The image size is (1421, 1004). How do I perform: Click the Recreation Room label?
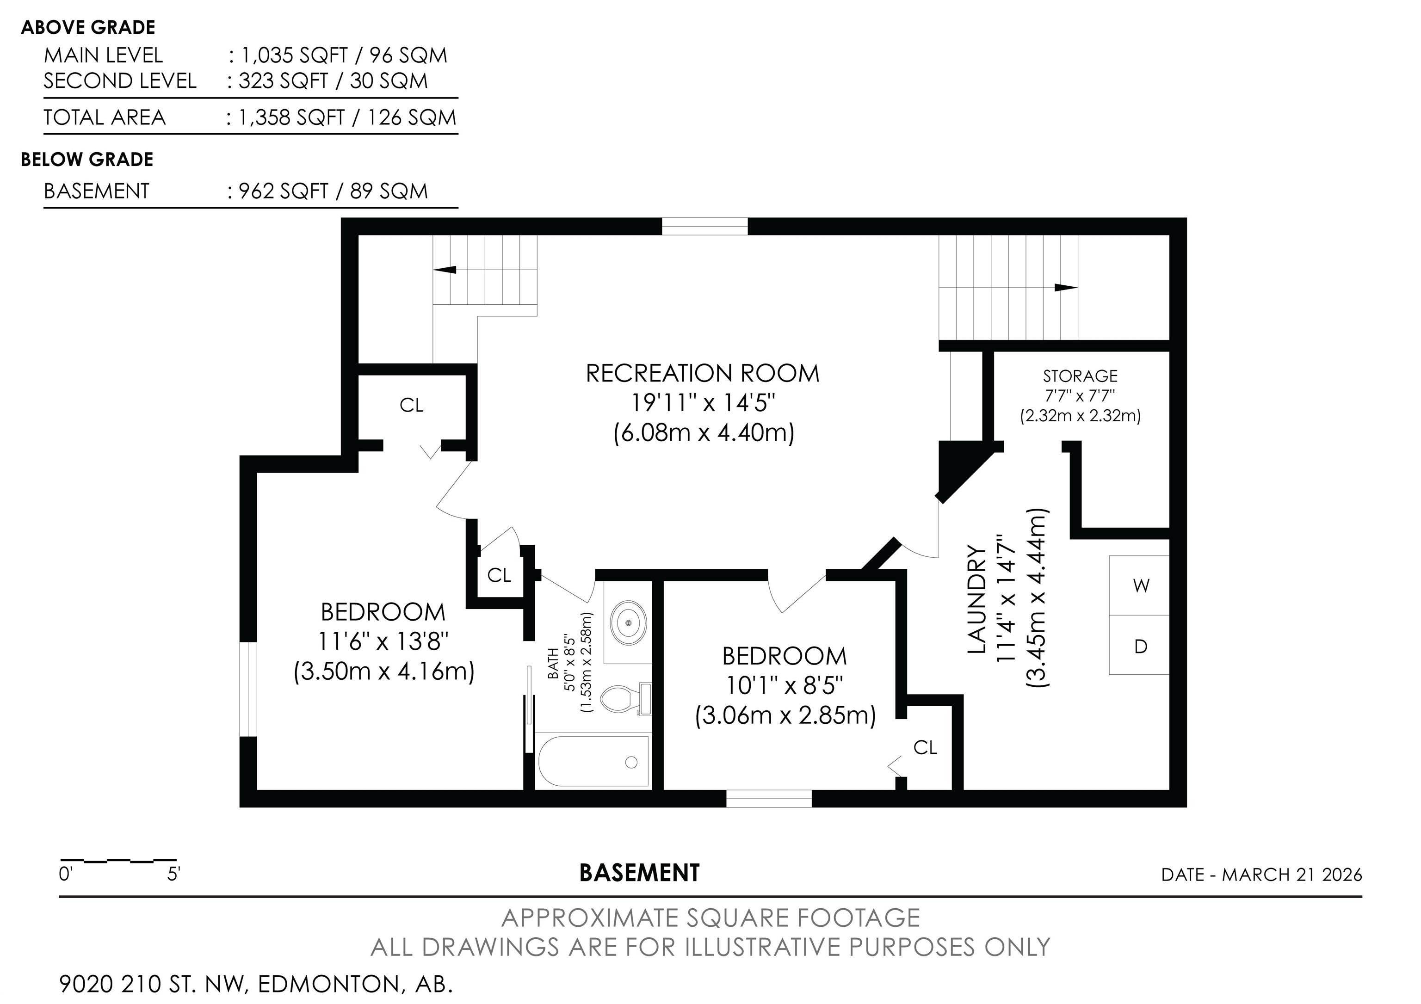[x=703, y=374]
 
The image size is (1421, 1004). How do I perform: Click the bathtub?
[x=594, y=762]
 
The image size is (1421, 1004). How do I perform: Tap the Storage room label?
[x=1080, y=376]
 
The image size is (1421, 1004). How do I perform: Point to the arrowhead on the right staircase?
[x=1066, y=288]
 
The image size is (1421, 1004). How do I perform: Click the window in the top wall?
[x=705, y=227]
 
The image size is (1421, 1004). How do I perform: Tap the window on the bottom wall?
[x=769, y=799]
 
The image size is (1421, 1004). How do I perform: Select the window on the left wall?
[x=248, y=690]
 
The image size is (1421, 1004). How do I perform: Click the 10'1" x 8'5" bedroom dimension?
[x=785, y=685]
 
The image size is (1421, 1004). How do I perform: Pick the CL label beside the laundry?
[x=925, y=748]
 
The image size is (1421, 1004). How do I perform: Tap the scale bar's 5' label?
[x=173, y=875]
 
